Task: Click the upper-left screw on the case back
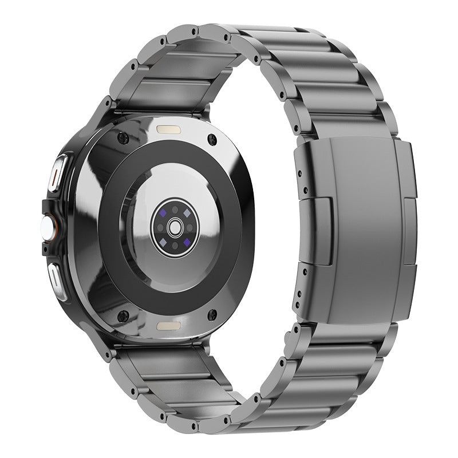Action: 122,139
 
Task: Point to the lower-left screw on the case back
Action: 122,315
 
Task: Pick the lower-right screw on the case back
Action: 212,314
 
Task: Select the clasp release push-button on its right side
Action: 410,231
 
